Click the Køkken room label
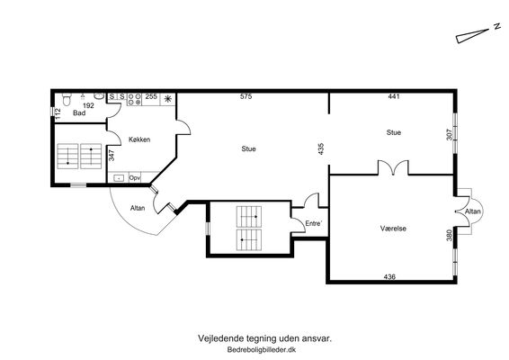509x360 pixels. pyautogui.click(x=139, y=139)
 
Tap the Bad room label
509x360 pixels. pyautogui.click(x=79, y=113)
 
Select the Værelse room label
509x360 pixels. pyautogui.click(x=393, y=229)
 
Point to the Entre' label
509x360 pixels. pyautogui.click(x=314, y=223)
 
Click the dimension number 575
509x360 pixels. pyautogui.click(x=246, y=96)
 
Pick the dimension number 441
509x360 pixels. pyautogui.click(x=394, y=96)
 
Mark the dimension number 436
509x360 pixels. pyautogui.click(x=389, y=277)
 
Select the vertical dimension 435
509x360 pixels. pyautogui.click(x=321, y=148)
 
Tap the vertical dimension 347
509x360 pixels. pyautogui.click(x=112, y=155)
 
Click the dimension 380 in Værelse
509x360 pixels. pyautogui.click(x=450, y=235)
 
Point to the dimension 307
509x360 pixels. pyautogui.click(x=450, y=134)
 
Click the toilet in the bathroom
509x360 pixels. pyautogui.click(x=67, y=99)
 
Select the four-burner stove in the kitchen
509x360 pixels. pyautogui.click(x=134, y=99)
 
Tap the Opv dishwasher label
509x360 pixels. pyautogui.click(x=134, y=178)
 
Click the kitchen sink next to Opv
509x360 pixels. pyautogui.click(x=119, y=178)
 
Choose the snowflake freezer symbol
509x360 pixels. pyautogui.click(x=168, y=99)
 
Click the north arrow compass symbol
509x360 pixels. pyautogui.click(x=472, y=36)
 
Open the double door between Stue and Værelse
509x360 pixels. pyautogui.click(x=393, y=167)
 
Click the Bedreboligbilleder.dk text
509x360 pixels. pyautogui.click(x=262, y=350)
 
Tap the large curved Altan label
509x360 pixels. pyautogui.click(x=138, y=208)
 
